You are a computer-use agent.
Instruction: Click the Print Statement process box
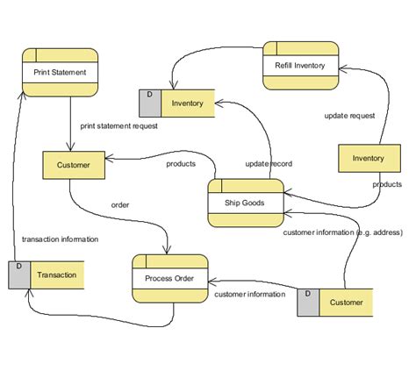point(59,72)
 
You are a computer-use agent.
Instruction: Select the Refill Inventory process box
point(300,65)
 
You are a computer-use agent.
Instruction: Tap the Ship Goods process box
point(246,202)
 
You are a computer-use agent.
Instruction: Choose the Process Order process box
point(169,279)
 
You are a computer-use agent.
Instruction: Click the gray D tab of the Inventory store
point(150,103)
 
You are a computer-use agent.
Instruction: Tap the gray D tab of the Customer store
point(309,303)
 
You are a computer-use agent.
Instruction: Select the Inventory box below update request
point(368,159)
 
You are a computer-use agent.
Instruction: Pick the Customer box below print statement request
point(73,164)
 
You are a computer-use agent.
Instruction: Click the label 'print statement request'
point(118,125)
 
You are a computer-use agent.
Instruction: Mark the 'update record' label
point(269,164)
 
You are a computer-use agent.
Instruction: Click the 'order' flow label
point(120,205)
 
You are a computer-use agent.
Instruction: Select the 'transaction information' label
point(60,239)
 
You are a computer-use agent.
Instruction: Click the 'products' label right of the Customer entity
point(181,164)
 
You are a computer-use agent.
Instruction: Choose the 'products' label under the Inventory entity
point(386,184)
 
